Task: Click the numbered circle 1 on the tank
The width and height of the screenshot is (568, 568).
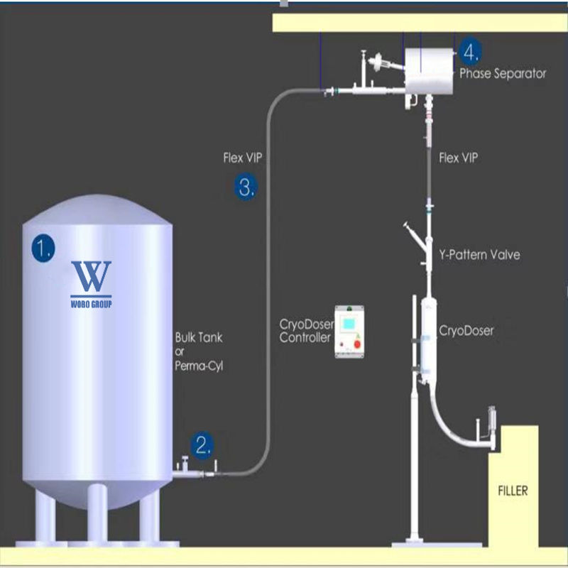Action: click(43, 248)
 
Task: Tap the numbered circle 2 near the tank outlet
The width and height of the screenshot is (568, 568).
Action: click(202, 446)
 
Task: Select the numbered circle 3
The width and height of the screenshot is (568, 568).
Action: click(246, 187)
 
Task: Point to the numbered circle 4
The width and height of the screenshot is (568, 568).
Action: click(470, 52)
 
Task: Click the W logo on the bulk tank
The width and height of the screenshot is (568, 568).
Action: click(91, 276)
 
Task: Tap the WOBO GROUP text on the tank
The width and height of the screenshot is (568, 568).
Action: click(91, 304)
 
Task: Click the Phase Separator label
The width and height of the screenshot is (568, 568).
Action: click(503, 74)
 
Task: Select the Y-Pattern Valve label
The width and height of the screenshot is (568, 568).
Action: click(480, 255)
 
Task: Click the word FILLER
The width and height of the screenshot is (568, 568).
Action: click(513, 491)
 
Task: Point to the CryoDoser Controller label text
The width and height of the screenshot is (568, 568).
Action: click(306, 331)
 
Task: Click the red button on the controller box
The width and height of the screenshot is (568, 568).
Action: click(357, 344)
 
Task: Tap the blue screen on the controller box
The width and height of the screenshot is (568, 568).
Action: click(349, 324)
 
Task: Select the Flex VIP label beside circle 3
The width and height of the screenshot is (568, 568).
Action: click(242, 158)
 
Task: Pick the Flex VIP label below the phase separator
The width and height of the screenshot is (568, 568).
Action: click(458, 158)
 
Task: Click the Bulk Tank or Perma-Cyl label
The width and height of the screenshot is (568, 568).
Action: click(199, 351)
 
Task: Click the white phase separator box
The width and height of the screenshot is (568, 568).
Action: click(429, 71)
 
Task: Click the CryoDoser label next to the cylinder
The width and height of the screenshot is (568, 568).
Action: click(466, 330)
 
